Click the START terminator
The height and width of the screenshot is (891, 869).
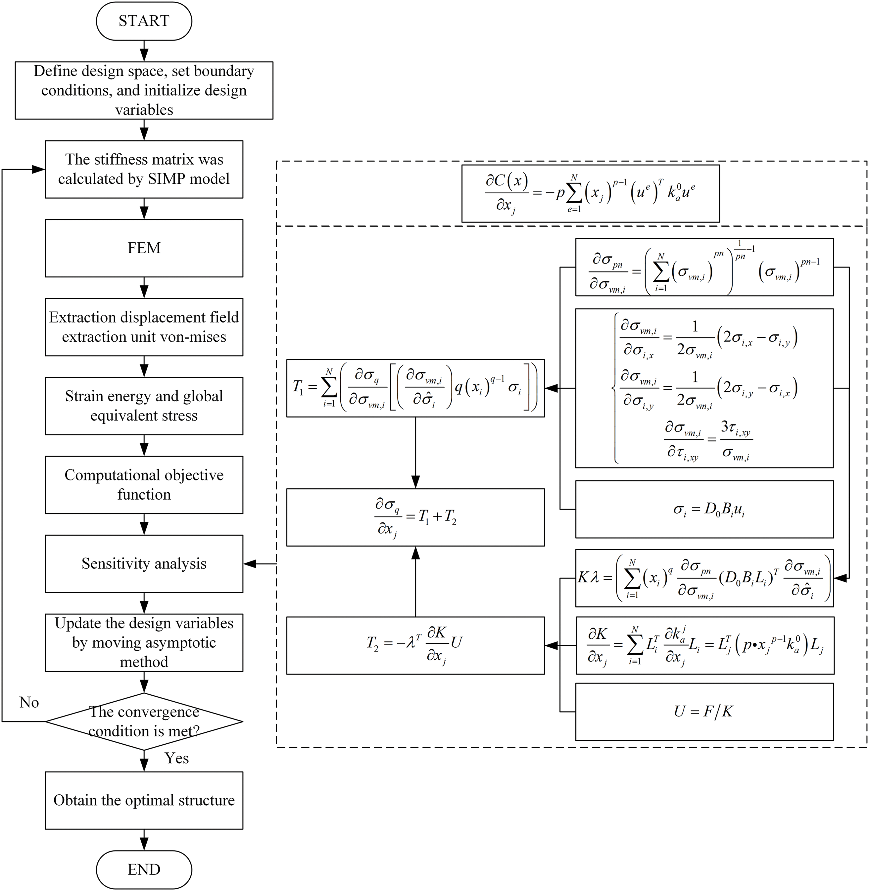click(x=144, y=21)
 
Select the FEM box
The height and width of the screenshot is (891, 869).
click(x=144, y=248)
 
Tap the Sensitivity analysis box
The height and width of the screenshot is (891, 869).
click(x=144, y=564)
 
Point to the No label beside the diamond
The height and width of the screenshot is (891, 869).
click(x=29, y=702)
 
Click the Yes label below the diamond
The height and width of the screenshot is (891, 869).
click(x=177, y=758)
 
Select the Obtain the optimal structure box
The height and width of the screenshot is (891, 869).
click(x=144, y=800)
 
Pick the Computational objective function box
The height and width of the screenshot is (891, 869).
click(x=144, y=485)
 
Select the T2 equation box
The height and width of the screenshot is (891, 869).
click(x=415, y=645)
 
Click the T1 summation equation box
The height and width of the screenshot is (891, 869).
click(x=415, y=388)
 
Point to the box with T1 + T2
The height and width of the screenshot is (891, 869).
click(x=415, y=517)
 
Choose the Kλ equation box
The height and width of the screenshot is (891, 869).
click(x=704, y=578)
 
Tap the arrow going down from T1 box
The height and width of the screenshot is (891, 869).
click(x=415, y=452)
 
